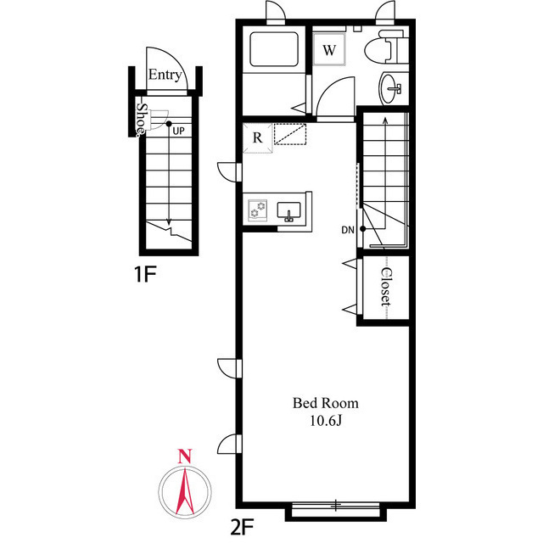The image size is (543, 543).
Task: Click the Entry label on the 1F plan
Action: tap(165, 76)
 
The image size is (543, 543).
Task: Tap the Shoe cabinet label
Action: tap(143, 120)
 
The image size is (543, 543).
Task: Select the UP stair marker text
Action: tap(178, 131)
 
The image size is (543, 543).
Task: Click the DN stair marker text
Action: tap(348, 230)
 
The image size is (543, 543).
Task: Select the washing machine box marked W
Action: tap(329, 49)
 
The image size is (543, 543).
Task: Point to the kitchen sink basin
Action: tap(290, 210)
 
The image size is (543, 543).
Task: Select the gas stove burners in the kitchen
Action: tap(259, 209)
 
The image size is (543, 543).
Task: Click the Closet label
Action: tap(385, 288)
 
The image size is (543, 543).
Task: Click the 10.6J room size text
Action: tap(326, 421)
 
